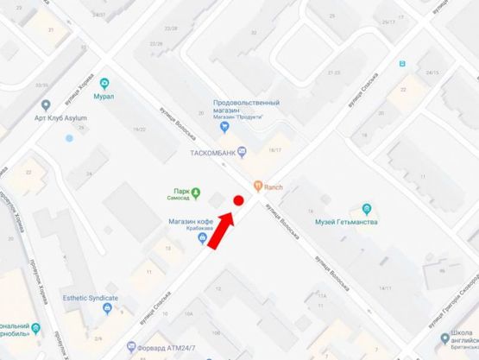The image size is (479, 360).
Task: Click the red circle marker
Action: [238, 200]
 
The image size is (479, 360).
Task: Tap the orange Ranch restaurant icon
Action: [257, 186]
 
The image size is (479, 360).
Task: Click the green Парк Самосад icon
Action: [196, 192]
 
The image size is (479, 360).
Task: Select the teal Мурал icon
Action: [105, 83]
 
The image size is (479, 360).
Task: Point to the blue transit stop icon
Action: [400, 63]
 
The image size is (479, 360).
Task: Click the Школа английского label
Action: [457, 343]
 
